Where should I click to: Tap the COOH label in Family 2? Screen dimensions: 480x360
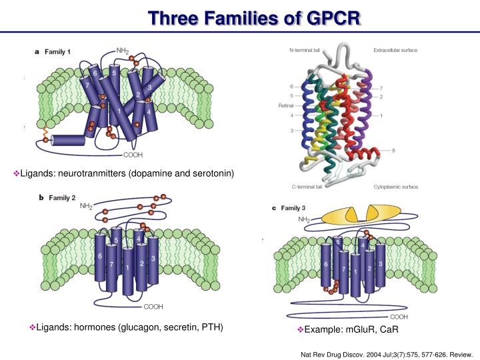pyautogui.click(x=153, y=307)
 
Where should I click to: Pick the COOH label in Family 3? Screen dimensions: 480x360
pyautogui.click(x=399, y=317)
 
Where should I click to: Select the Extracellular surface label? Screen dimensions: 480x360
pyautogui.click(x=395, y=50)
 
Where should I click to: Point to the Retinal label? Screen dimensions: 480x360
pyautogui.click(x=285, y=106)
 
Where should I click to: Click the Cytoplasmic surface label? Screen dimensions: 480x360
pyautogui.click(x=396, y=187)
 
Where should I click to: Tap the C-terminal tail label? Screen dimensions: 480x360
pyautogui.click(x=307, y=187)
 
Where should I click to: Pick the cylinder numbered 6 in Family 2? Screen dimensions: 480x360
pyautogui.click(x=100, y=256)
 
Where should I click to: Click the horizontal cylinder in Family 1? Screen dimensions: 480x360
pyautogui.click(x=69, y=140)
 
